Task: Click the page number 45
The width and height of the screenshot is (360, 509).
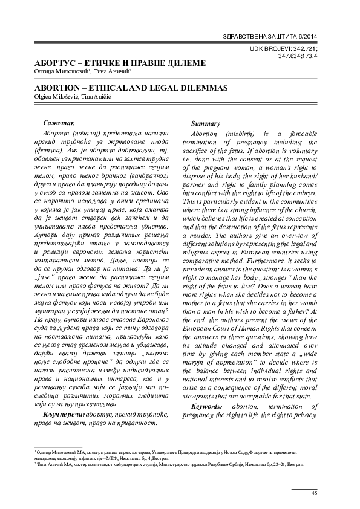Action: (314, 494)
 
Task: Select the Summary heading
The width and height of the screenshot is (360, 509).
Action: (205, 123)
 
